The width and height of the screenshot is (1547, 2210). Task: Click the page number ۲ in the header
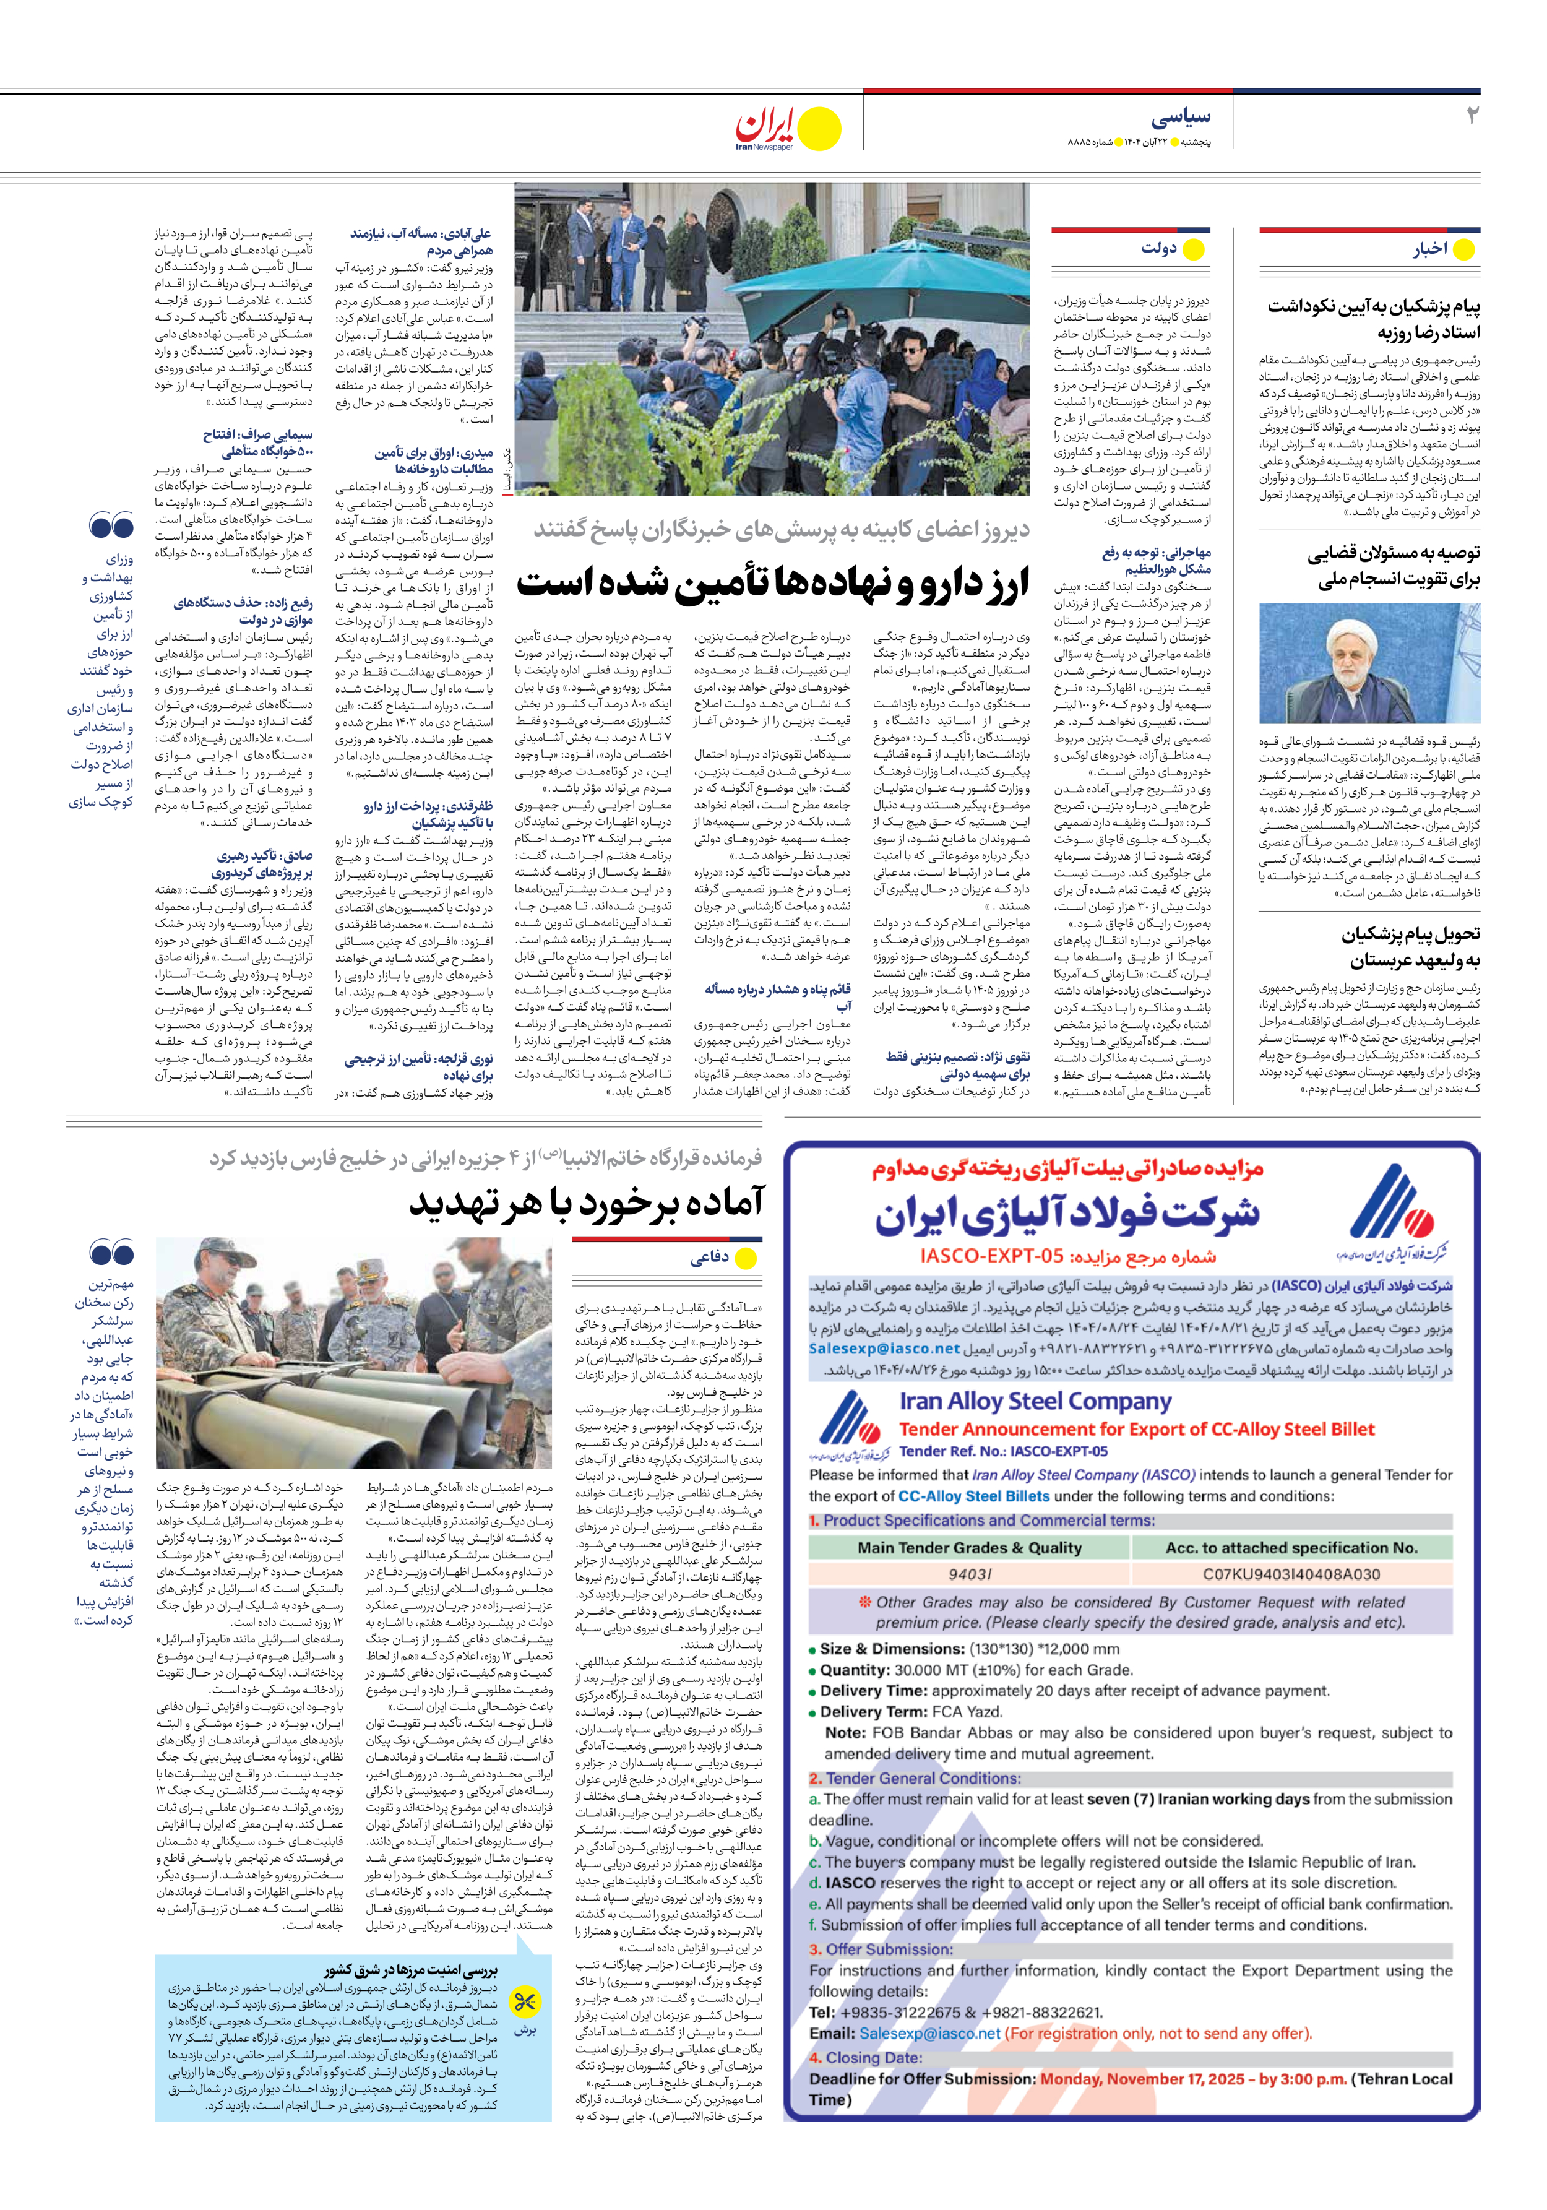(1470, 116)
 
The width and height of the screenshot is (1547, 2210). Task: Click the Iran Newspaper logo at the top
(788, 129)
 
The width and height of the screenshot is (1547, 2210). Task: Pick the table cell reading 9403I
(970, 1574)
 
